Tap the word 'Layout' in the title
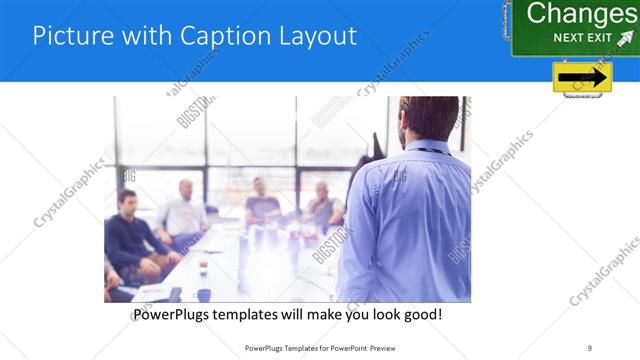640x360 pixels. [x=311, y=36]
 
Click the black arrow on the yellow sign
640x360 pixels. [x=582, y=78]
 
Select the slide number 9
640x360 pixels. [x=590, y=347]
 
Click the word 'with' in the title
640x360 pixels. [x=146, y=36]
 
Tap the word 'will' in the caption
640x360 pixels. [x=306, y=314]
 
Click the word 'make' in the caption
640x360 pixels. [x=337, y=314]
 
